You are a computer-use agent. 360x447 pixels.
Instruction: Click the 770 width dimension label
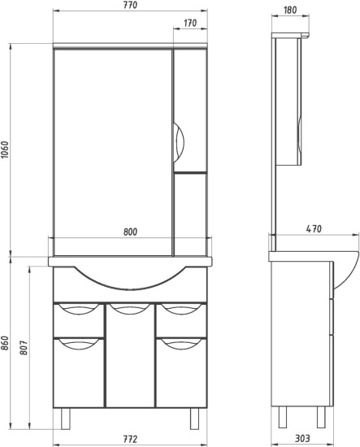[x=131, y=6]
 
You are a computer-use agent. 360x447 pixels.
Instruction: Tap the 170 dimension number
[x=190, y=23]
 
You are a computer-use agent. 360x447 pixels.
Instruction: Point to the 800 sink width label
[x=130, y=232]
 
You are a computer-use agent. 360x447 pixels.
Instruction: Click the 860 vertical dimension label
[x=6, y=343]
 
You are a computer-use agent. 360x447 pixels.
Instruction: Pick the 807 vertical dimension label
[x=24, y=348]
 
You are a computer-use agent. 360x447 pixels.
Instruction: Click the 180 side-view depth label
[x=290, y=11]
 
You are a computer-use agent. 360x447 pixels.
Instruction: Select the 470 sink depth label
[x=314, y=229]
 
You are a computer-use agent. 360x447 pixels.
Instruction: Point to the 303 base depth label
[x=302, y=438]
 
